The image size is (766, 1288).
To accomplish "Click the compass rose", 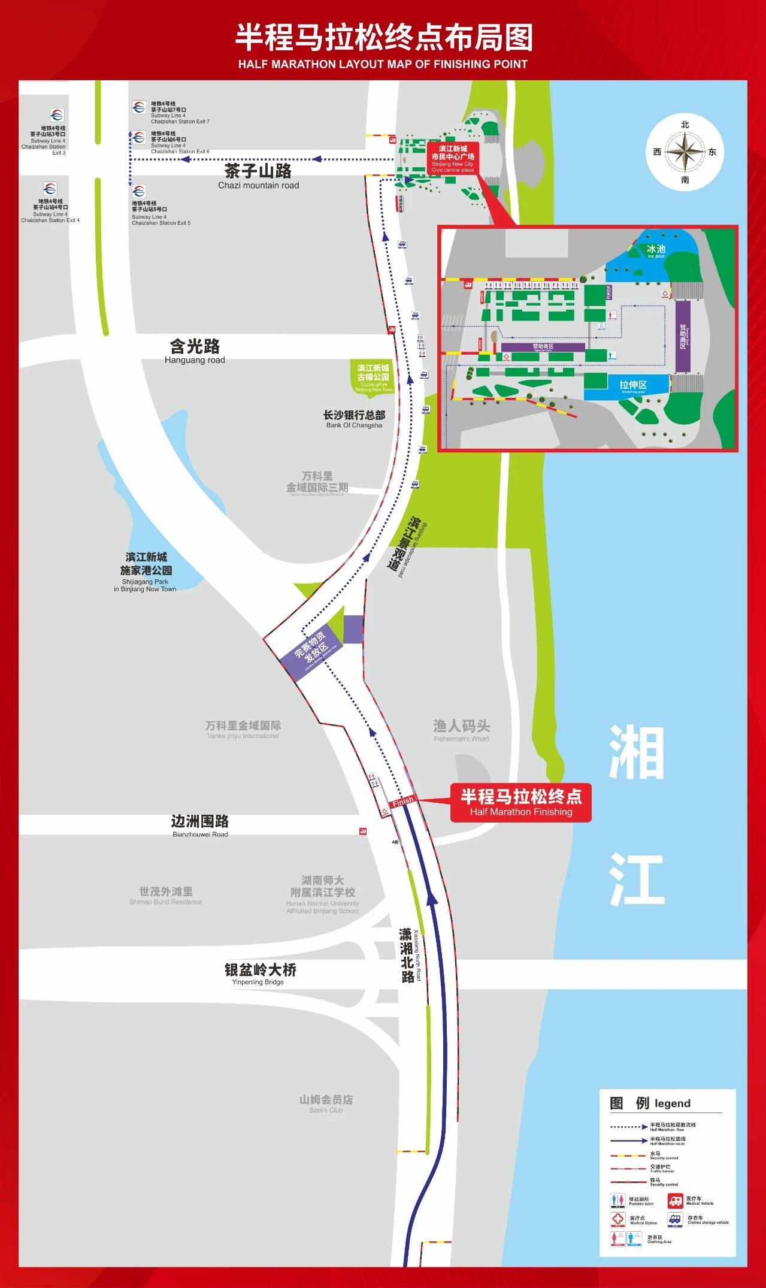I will click(x=685, y=152).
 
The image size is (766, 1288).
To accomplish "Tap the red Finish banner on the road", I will click(x=402, y=801).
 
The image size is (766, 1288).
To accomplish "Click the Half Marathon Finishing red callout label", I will click(x=520, y=802).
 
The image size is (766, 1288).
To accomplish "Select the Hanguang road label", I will click(x=195, y=351).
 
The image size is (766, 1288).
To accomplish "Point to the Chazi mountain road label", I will click(x=258, y=176).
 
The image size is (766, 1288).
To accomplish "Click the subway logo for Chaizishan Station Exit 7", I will click(x=139, y=107).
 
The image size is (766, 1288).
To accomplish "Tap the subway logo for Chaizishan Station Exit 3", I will click(x=57, y=115).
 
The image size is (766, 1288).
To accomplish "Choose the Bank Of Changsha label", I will click(x=354, y=419).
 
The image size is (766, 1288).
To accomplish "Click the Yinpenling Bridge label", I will click(x=260, y=973).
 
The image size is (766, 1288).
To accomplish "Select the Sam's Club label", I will click(x=326, y=1103).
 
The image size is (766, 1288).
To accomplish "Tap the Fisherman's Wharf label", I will click(x=461, y=730).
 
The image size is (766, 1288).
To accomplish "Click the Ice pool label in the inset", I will click(x=656, y=250).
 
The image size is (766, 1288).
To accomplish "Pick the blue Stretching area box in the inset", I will click(x=633, y=386).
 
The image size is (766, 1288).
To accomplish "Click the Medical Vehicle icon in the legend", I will click(x=675, y=1201).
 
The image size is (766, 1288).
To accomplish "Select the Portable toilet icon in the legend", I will click(x=617, y=1201).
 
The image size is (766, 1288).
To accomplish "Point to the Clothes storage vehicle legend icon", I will click(x=675, y=1220).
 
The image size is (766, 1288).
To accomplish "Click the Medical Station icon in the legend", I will click(x=618, y=1220).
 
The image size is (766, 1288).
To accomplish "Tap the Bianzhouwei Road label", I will click(x=199, y=825).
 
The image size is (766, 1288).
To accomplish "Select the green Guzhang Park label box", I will click(x=373, y=377).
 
